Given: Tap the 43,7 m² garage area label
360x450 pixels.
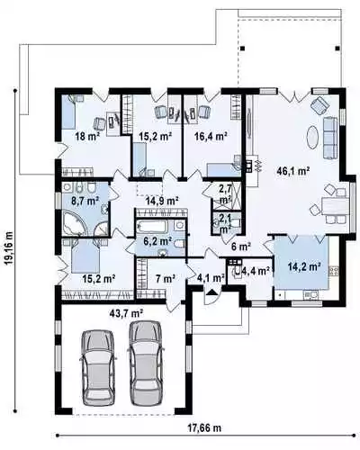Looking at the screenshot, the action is click(x=126, y=313).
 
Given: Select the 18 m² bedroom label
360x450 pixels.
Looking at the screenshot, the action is click(x=87, y=137).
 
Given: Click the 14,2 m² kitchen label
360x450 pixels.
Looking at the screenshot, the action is click(x=304, y=266).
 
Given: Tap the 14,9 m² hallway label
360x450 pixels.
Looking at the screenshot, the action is click(x=162, y=200).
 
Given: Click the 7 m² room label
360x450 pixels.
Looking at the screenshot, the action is click(x=166, y=279).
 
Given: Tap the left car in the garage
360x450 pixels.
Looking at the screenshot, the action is click(x=99, y=366).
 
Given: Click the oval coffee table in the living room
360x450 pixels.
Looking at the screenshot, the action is click(x=312, y=137).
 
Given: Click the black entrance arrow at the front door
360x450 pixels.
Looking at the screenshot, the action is click(x=212, y=292).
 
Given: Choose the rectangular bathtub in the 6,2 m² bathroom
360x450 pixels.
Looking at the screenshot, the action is click(x=152, y=227).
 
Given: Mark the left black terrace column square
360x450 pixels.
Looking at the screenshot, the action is click(x=242, y=48).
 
